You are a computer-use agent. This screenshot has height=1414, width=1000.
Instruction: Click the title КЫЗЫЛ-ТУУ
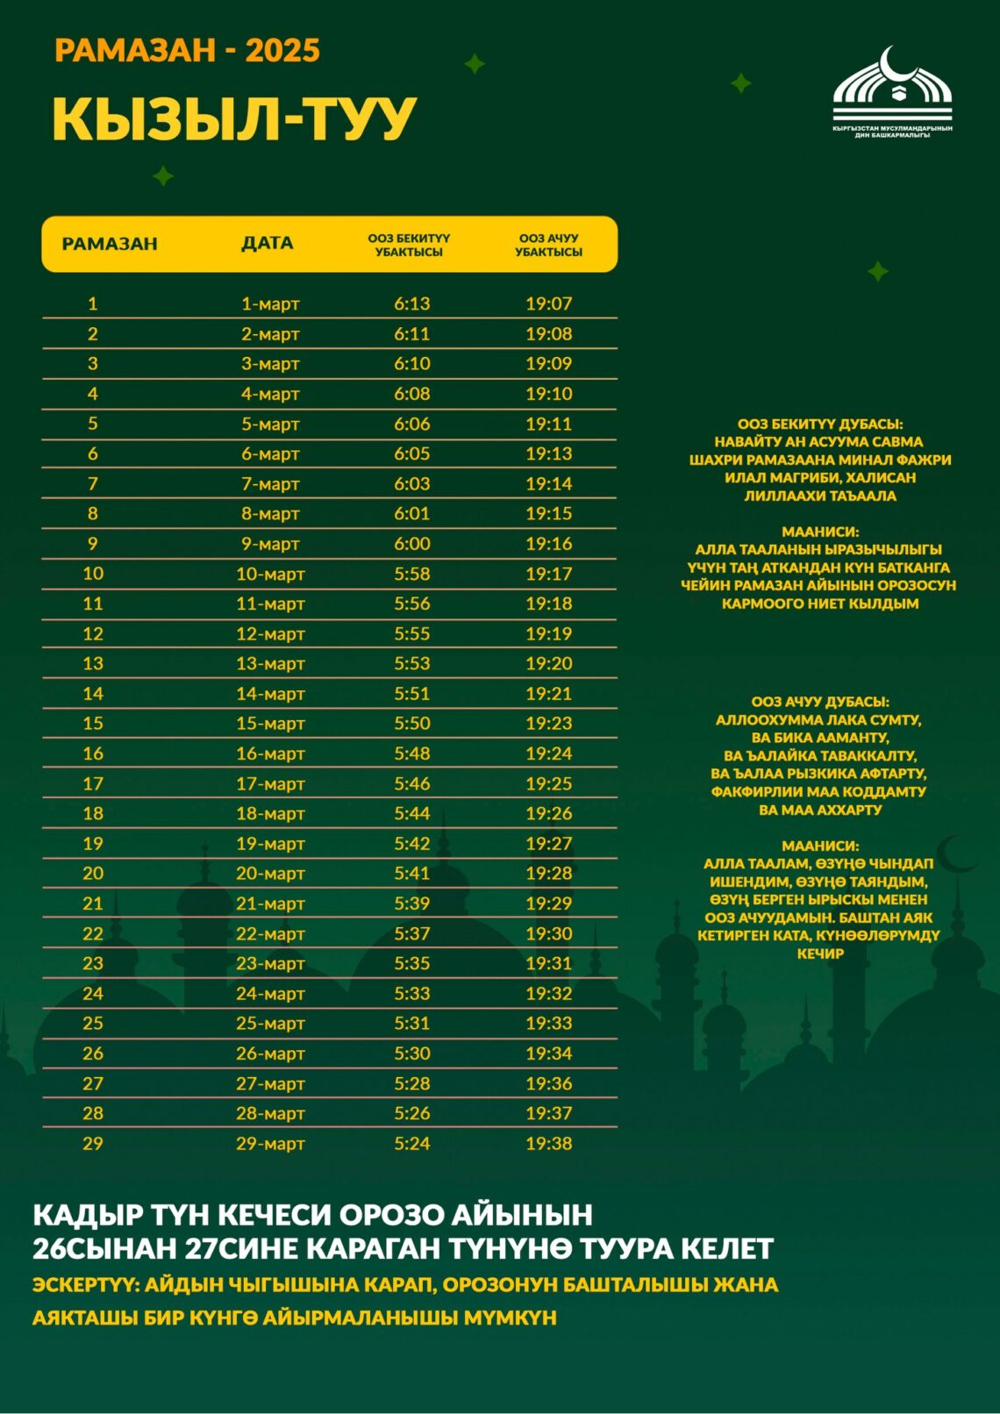pos(233,118)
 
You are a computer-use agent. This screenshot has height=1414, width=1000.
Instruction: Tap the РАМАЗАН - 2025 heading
pos(187,50)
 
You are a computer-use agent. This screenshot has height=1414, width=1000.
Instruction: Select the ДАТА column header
pos(268,243)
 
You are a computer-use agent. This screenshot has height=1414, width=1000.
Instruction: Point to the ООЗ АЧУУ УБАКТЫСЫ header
pos(548,245)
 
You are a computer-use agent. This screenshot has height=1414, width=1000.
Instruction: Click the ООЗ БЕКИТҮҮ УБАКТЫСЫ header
pos(409,245)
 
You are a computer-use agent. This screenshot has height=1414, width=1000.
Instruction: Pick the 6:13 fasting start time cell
pos(411,304)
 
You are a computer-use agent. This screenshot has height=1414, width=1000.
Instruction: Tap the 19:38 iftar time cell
pos(548,1143)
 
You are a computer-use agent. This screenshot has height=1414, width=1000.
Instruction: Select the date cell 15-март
pos(270,724)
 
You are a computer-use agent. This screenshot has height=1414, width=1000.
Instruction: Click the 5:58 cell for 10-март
pos(411,574)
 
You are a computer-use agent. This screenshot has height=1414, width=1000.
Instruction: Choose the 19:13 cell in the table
pos(548,453)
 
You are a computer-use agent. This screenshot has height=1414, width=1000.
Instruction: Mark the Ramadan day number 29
pos(93,1143)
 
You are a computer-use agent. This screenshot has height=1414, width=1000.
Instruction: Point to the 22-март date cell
pos(270,933)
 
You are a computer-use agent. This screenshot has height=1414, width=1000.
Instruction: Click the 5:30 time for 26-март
pos(411,1053)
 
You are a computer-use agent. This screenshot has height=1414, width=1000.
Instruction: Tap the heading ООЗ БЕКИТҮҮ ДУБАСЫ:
pos(819,424)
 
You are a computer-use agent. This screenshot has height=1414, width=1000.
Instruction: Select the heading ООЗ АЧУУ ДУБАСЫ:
pos(819,702)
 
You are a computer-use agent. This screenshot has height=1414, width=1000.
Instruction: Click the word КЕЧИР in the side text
pos(819,953)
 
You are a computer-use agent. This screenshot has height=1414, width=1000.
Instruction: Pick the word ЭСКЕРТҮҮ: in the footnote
pos(84,1285)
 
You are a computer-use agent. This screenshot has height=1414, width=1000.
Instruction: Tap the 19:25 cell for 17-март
pos(548,783)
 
